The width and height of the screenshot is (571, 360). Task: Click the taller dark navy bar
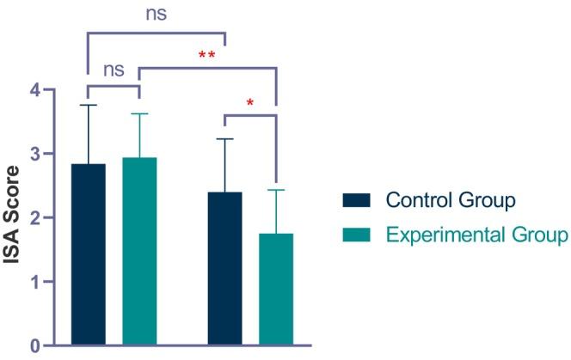(88, 254)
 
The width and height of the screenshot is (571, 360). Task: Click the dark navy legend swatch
(355, 201)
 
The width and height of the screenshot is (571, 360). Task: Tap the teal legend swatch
(355, 234)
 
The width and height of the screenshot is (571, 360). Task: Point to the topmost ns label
(156, 14)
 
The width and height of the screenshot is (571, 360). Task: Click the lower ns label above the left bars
(114, 70)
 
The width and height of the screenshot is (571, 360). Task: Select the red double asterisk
(207, 57)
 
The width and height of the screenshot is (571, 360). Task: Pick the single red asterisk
(250, 104)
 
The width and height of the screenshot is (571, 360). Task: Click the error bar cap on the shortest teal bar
(276, 190)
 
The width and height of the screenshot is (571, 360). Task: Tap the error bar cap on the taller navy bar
(88, 105)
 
